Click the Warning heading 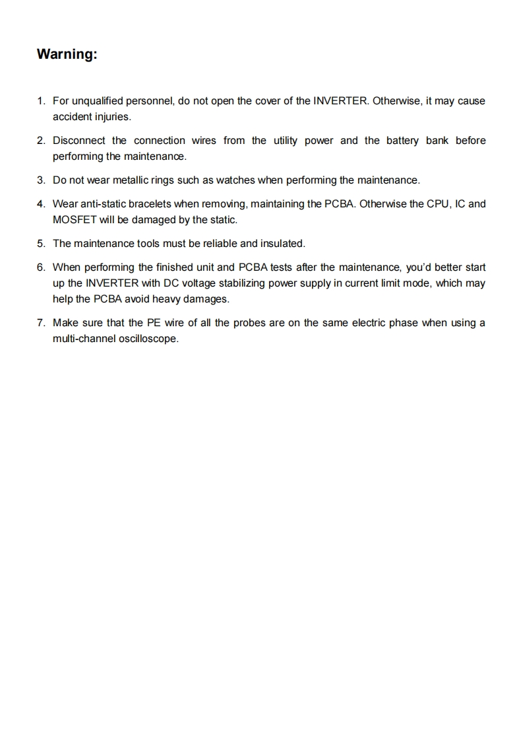click(x=67, y=54)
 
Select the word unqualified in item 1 click(x=98, y=101)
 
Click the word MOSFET click(x=75, y=220)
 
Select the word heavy click(x=168, y=299)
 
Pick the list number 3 click(x=41, y=180)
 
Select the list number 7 click(x=41, y=323)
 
